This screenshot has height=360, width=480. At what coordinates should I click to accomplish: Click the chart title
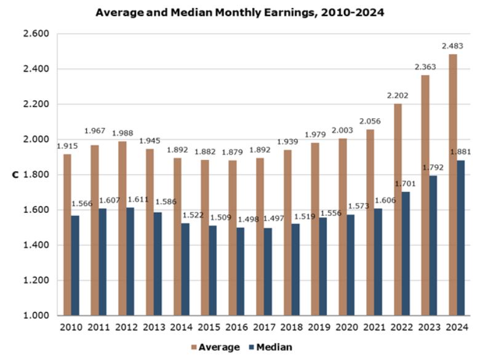pos(240,12)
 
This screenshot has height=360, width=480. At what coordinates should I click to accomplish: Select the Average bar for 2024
pos(453,185)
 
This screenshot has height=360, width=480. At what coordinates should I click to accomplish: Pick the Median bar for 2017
pos(268,271)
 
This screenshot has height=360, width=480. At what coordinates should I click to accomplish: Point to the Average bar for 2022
pos(398,209)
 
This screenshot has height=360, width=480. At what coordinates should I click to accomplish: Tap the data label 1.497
pos(274,219)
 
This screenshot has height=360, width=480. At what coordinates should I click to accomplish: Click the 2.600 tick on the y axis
pos(36,34)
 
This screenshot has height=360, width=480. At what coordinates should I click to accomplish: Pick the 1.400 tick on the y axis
pos(36,245)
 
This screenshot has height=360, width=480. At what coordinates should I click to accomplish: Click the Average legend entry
pos(213,347)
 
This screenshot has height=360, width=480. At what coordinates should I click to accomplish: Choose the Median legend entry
pos(268,347)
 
